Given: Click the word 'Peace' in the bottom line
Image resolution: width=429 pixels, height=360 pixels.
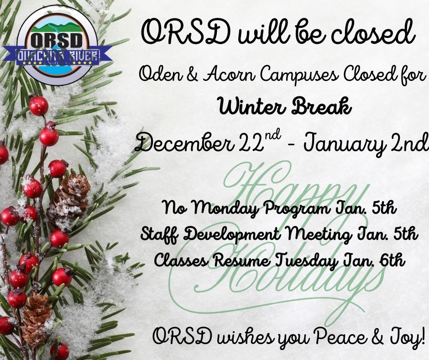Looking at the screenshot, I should (x=338, y=338).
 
